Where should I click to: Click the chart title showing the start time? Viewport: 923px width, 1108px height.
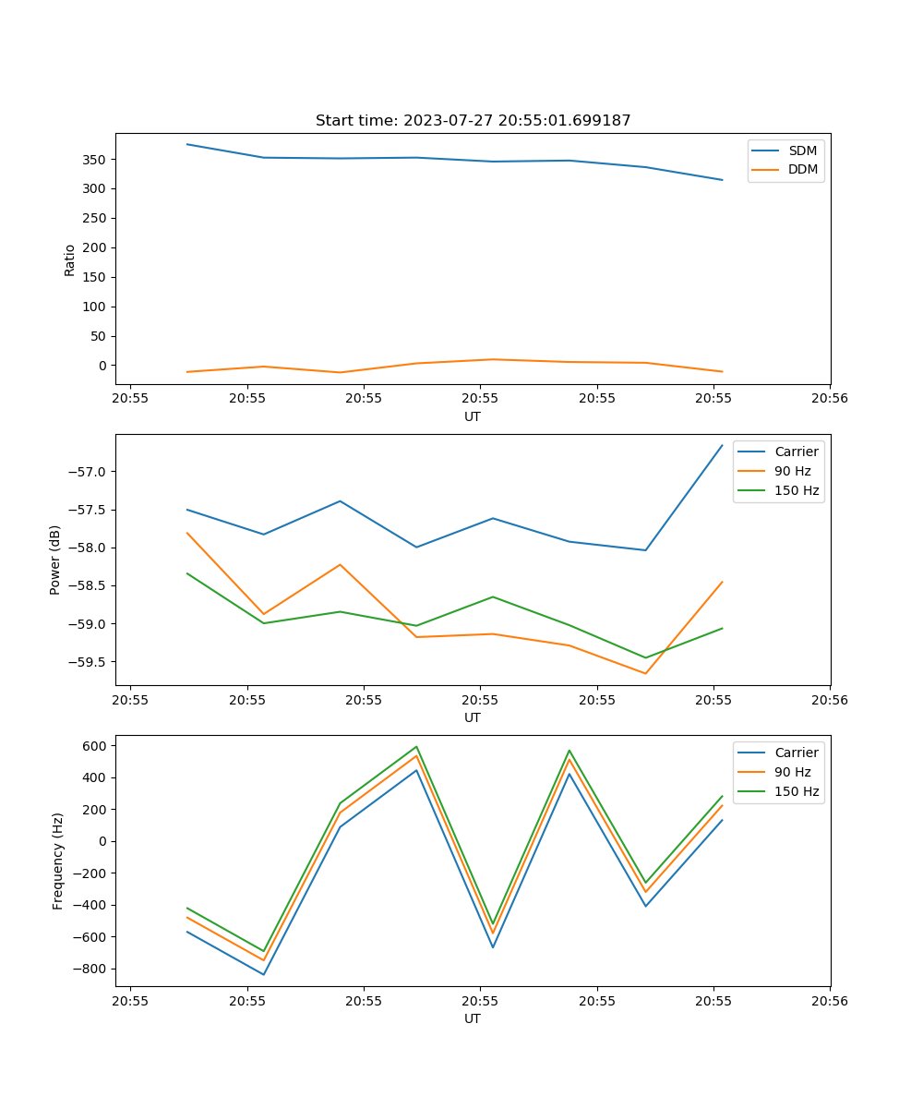473,121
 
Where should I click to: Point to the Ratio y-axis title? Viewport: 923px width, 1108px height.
70,259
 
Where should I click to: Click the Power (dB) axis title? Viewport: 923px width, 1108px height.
55,560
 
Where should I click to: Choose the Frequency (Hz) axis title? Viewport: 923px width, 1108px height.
57,861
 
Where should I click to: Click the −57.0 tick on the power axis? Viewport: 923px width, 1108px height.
90,472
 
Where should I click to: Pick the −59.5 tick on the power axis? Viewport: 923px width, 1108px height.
90,662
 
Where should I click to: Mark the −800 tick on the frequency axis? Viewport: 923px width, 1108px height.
92,969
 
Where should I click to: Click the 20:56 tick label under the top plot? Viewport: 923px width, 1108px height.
830,399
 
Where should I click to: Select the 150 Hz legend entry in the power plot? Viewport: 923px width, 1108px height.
797,490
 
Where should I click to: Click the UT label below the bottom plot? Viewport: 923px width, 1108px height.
473,1018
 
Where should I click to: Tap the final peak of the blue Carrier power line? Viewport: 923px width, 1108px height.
722,445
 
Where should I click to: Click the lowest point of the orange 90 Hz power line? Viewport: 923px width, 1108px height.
645,673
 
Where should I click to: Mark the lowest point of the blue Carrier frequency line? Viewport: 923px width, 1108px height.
264,974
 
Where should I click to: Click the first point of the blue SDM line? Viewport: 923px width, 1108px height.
187,144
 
